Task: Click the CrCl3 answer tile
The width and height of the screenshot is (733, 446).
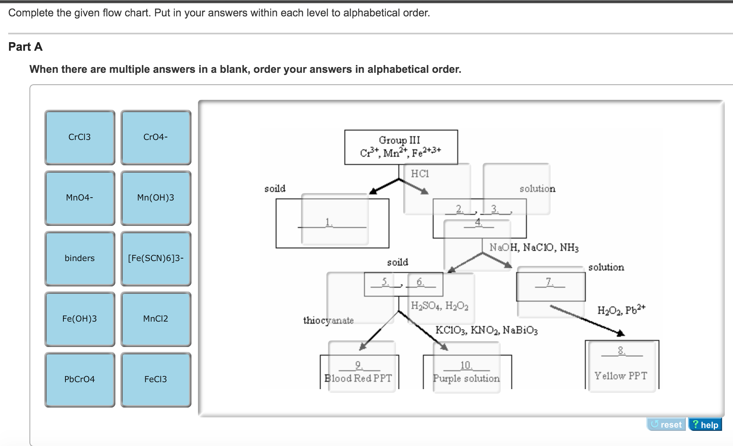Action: [80, 137]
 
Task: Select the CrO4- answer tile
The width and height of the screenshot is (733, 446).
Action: [156, 137]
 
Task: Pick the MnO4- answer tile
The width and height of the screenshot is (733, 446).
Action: [80, 198]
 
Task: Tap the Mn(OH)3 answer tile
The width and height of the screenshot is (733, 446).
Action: [156, 198]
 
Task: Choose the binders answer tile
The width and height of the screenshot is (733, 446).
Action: [80, 259]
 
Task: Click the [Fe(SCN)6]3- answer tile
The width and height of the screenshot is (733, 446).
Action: [156, 259]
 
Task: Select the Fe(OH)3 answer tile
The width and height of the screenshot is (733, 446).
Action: [80, 319]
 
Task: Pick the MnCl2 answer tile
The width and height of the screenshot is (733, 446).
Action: [156, 319]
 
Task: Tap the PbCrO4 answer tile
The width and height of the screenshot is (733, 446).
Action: [80, 380]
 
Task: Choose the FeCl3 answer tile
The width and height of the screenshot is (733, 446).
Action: [156, 380]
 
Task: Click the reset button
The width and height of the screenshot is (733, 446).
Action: [666, 424]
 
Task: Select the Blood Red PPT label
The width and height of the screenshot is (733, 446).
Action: [358, 378]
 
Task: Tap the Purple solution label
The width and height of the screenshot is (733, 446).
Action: [466, 378]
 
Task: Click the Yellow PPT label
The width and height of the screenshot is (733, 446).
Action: [621, 376]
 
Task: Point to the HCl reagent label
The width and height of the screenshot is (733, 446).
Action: [420, 174]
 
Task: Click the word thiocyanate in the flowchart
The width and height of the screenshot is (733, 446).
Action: [328, 320]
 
